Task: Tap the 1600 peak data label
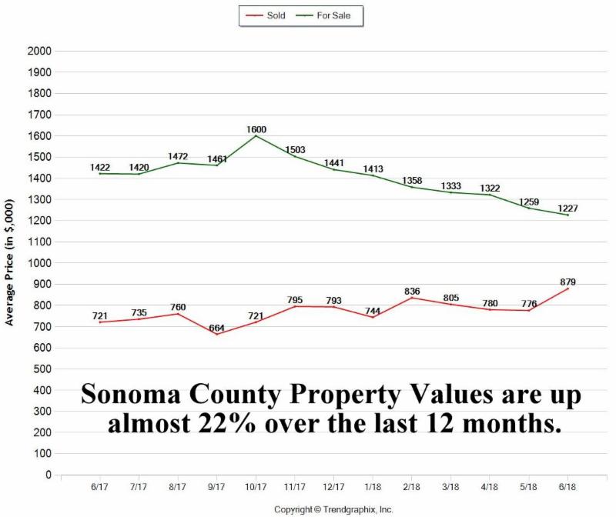click(256, 130)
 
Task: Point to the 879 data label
click(568, 282)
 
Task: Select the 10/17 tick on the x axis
click(256, 488)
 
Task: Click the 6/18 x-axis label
click(568, 488)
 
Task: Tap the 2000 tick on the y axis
click(38, 51)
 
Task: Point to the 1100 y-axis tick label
click(38, 242)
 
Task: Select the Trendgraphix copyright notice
click(333, 509)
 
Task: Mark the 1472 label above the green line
click(178, 157)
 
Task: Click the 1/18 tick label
click(373, 488)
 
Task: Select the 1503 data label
click(296, 150)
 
